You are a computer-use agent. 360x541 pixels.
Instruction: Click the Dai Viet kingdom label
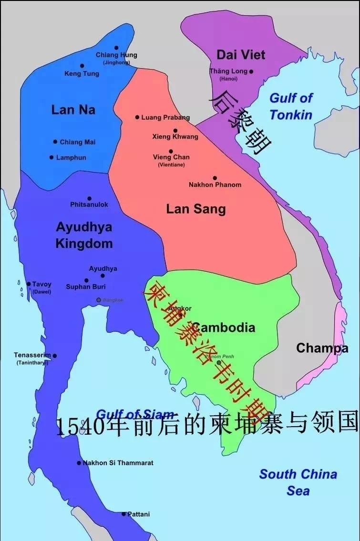(240, 54)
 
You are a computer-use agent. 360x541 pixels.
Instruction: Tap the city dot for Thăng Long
(251, 72)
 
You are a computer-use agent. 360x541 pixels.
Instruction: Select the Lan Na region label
(73, 110)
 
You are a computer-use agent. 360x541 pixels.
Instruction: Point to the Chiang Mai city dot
(55, 142)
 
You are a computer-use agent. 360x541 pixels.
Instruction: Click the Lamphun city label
(72, 157)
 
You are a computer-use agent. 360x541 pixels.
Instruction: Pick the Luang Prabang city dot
(137, 117)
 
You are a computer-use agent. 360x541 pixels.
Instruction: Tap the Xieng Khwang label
(175, 137)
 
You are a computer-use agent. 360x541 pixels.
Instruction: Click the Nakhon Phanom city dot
(215, 178)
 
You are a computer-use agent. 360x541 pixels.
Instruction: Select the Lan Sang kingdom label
(195, 209)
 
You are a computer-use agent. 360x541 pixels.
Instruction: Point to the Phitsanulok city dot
(89, 199)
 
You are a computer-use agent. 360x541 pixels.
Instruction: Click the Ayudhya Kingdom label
(84, 235)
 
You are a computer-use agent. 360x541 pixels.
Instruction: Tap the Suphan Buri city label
(86, 287)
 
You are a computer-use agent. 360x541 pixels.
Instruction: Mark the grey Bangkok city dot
(99, 300)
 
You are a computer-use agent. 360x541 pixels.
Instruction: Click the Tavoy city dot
(29, 284)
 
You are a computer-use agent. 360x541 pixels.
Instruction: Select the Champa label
(322, 348)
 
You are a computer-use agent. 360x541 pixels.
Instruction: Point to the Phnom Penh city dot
(219, 363)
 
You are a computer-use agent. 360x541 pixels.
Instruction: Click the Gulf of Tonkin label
(291, 106)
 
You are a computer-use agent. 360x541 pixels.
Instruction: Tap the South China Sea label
(298, 482)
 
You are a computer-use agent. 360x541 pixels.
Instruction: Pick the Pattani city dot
(123, 514)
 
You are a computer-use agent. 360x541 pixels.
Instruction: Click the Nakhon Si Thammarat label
(118, 463)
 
